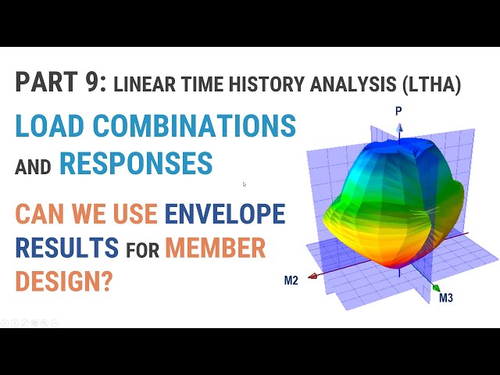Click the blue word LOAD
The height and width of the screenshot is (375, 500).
(x=47, y=126)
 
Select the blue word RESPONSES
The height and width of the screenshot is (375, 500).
(x=136, y=163)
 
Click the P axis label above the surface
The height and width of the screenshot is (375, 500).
(x=398, y=112)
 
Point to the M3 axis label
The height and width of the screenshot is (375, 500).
(x=446, y=298)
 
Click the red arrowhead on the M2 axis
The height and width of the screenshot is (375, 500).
(x=312, y=276)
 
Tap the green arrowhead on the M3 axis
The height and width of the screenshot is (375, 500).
(x=435, y=288)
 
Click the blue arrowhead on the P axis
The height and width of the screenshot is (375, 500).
(x=398, y=123)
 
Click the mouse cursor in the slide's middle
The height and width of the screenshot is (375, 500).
(x=245, y=184)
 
